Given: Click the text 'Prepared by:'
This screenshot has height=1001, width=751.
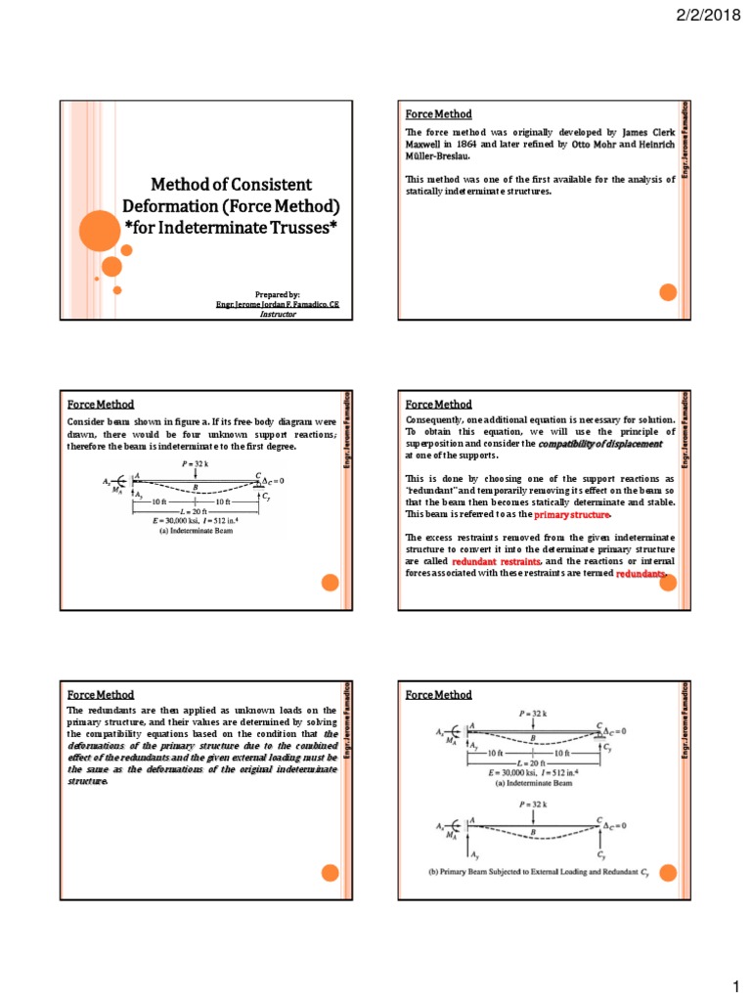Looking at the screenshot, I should tap(278, 294).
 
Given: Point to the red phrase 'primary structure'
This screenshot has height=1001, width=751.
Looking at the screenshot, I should tap(577, 514).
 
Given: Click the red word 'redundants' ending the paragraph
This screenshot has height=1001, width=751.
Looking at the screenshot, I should tap(640, 576).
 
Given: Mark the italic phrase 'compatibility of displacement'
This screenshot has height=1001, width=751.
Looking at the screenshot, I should tap(597, 444).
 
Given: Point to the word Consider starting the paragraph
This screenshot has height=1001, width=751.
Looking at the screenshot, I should tap(86, 419).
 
